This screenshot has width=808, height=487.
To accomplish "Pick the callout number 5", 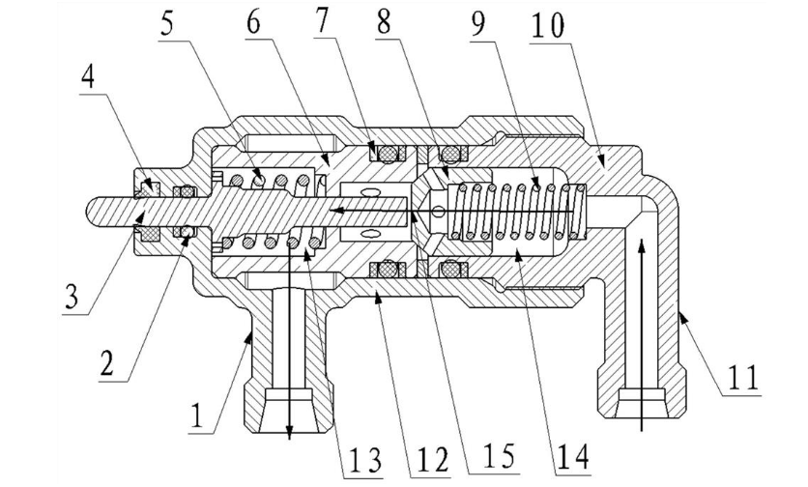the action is coord(167,22).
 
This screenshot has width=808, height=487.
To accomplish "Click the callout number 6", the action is coord(253,21).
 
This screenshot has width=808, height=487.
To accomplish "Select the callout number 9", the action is coord(478,21).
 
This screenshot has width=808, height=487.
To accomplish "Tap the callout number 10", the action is coord(548,25).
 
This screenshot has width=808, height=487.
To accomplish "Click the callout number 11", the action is coord(742,377).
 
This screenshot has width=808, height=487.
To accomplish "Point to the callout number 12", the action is coord(433,458).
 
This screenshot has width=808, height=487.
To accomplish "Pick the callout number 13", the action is coord(364,460).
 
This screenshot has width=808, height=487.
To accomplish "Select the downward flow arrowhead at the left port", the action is coord(289,435).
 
